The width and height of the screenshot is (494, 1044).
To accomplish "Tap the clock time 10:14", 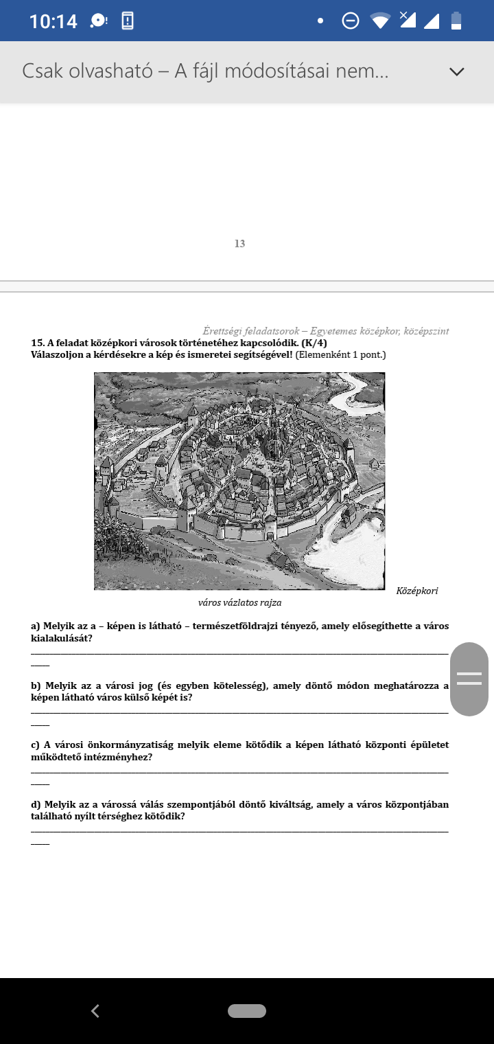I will click(53, 21).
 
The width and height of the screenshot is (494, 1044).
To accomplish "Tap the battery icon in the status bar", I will click(456, 21).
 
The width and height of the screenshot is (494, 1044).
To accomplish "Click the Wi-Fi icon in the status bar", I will click(380, 21).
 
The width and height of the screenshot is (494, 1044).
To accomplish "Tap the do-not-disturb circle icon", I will click(350, 21).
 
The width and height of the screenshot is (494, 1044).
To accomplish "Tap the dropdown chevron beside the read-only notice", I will click(456, 71).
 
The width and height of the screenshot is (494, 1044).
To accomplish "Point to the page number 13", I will click(239, 244).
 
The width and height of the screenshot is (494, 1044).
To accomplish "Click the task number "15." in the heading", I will click(38, 343).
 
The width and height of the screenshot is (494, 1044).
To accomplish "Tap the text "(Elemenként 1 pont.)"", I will click(341, 354).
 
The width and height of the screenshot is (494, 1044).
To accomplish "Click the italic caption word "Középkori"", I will click(417, 591).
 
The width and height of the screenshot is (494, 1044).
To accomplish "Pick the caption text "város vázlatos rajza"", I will click(239, 603).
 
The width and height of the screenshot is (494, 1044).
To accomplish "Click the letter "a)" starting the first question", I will click(36, 626).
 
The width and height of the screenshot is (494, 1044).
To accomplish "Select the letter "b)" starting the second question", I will click(36, 685).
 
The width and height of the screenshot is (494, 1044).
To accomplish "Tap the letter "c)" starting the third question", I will click(36, 745).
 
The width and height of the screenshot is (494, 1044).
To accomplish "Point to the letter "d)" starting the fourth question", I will click(36, 804).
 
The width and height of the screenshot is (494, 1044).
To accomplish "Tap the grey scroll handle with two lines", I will click(469, 679).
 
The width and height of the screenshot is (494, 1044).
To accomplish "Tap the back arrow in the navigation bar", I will click(95, 1010).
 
